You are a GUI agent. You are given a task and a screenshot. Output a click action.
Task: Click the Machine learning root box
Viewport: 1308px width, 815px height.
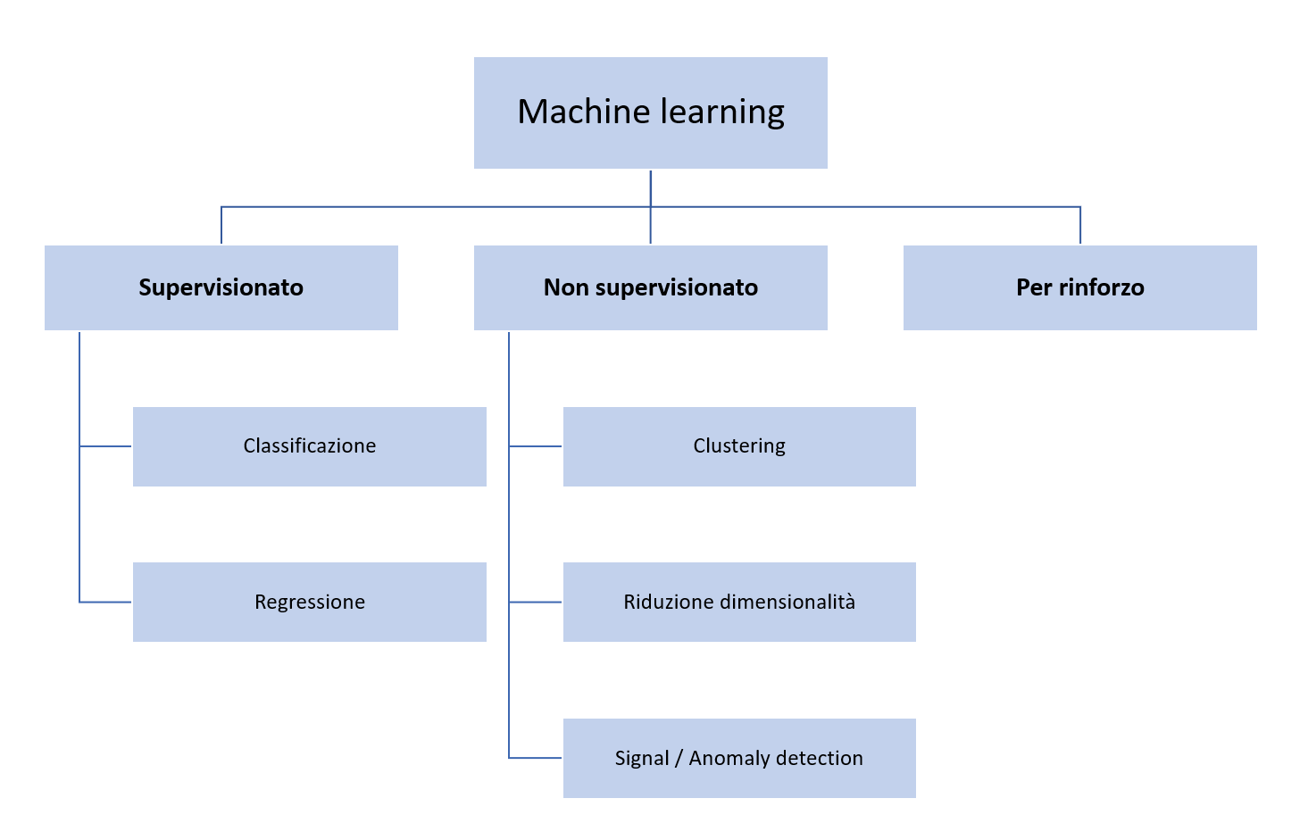[650, 112]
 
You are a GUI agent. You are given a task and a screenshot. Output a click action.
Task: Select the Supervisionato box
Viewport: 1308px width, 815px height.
[221, 287]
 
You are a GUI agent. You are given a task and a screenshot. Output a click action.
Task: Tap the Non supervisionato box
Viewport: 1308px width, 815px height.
[650, 287]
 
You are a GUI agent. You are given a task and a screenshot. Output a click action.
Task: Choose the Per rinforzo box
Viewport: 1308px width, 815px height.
[1079, 287]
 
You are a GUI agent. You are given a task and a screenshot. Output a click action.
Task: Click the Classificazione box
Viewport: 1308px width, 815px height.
[309, 446]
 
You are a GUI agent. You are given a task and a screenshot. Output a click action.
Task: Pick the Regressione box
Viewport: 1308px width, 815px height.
[309, 602]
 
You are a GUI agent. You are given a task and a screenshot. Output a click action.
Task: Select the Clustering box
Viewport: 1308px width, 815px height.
[739, 446]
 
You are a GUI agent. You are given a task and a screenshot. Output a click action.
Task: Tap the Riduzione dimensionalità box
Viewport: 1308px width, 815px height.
[739, 602]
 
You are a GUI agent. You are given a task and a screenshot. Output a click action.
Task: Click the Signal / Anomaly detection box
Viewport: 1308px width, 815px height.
[739, 758]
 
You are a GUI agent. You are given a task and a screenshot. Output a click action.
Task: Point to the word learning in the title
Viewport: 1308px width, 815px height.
[721, 112]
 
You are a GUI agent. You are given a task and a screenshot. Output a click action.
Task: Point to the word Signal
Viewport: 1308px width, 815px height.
[641, 759]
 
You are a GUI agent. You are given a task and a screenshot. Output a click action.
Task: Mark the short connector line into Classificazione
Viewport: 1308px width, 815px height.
[106, 446]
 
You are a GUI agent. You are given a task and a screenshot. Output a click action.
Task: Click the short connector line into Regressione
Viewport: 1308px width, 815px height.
[106, 603]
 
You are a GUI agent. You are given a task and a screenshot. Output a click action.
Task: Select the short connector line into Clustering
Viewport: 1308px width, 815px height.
[536, 446]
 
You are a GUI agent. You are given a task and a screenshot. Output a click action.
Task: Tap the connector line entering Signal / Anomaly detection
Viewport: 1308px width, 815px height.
[536, 758]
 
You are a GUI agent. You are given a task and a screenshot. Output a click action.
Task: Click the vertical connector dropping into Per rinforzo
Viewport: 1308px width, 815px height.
[1080, 226]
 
